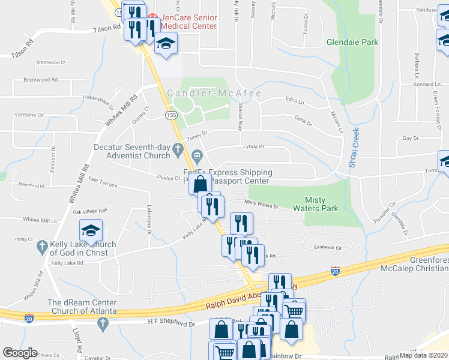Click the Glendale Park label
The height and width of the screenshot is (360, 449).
point(352,43)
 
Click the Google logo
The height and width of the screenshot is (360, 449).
point(20,353)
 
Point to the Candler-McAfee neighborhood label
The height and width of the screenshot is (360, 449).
point(206,93)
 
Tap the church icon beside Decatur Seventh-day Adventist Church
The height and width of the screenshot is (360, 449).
point(178,148)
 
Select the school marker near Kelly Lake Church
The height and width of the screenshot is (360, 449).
point(91,231)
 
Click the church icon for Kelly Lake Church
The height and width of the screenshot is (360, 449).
point(41,246)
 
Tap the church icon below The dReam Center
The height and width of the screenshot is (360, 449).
point(101,324)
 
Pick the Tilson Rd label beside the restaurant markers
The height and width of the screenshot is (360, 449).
point(107,29)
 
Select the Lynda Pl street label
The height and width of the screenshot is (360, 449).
point(253,147)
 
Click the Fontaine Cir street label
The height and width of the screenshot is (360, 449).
point(29,115)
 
